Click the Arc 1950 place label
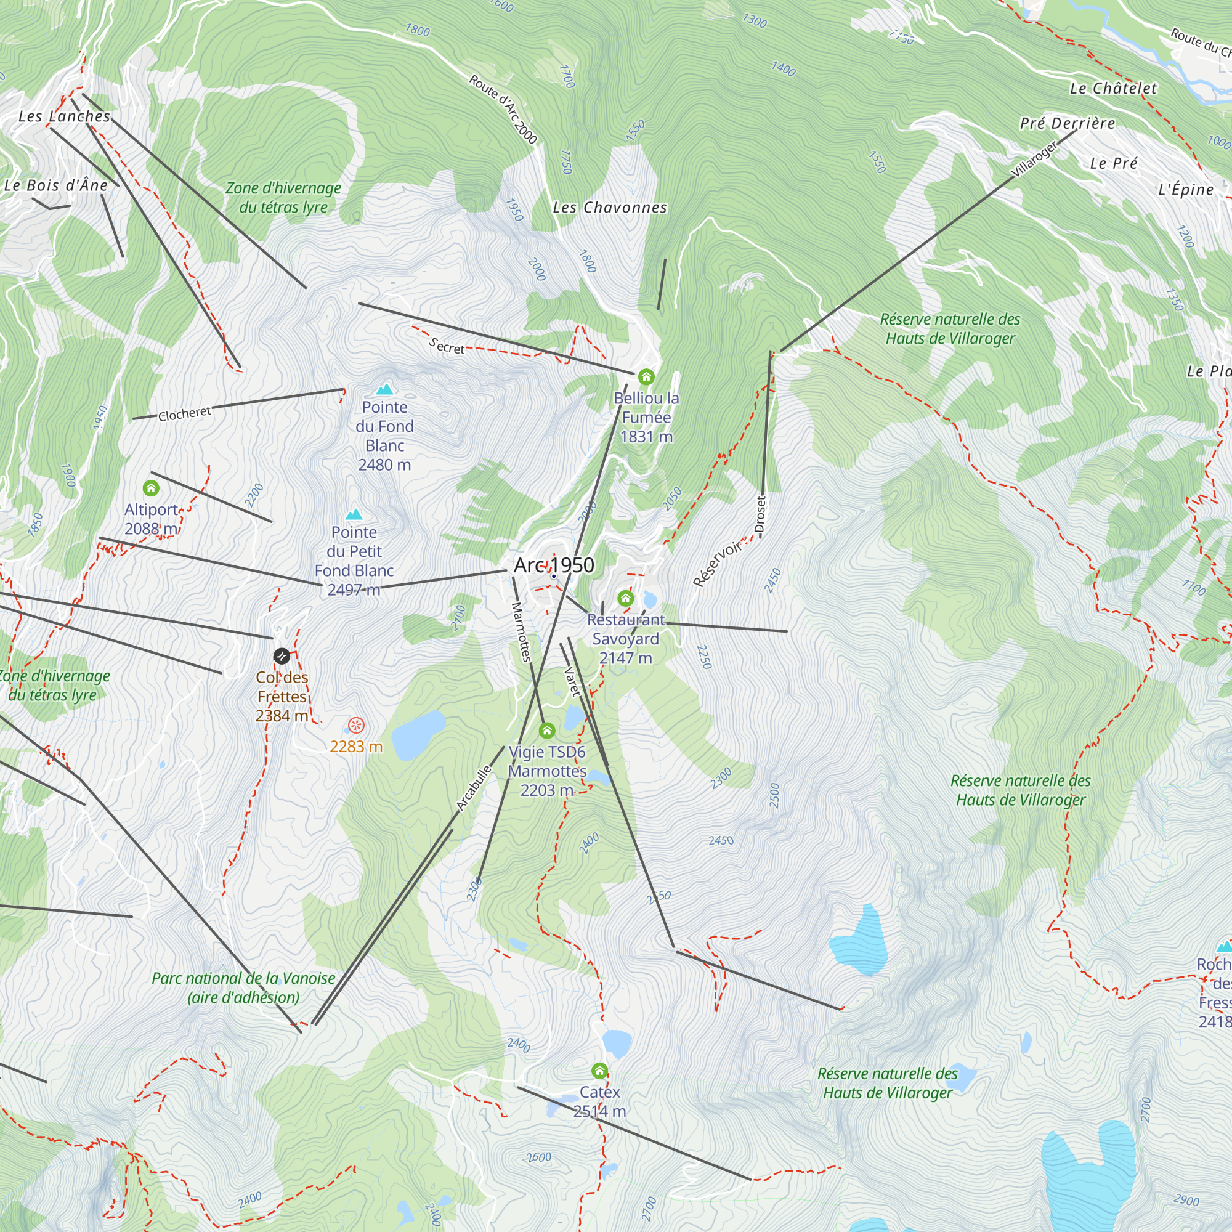point(554,565)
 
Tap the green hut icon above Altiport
point(150,488)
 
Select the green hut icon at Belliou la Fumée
point(646,377)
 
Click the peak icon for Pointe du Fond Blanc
point(384,389)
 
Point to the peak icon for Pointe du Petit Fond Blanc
point(354,514)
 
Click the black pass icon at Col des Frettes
point(282,655)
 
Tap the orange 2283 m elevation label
point(356,746)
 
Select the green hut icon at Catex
point(599,1070)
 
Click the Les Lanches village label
point(65,116)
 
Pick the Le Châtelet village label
point(1112,89)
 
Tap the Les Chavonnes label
point(610,207)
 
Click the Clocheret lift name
point(184,414)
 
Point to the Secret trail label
point(447,346)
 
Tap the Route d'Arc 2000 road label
point(503,109)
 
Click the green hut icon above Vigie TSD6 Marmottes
point(547,730)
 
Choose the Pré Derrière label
point(1068,123)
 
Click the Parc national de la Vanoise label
point(243,988)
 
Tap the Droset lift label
point(760,514)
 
